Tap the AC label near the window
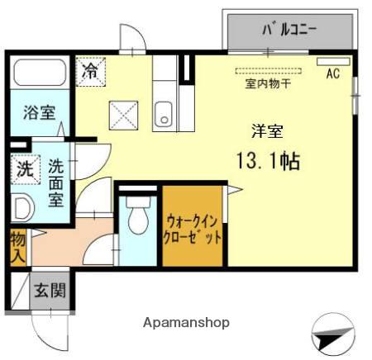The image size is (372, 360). point(333,73)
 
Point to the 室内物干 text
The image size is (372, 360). point(267,83)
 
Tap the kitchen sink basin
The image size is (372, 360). point(163,114)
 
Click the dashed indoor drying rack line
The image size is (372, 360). point(268,70)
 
